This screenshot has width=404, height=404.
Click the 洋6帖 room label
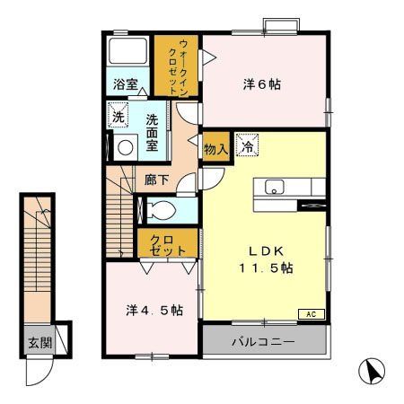pyautogui.click(x=262, y=84)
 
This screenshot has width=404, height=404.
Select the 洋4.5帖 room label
pyautogui.click(x=154, y=311)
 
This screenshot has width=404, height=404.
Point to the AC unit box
pyautogui.click(x=310, y=314)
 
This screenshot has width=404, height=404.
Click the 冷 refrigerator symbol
pyautogui.click(x=246, y=142)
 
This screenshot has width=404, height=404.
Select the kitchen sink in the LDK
pyautogui.click(x=274, y=187)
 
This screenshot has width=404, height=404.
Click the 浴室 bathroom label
pyautogui.click(x=125, y=85)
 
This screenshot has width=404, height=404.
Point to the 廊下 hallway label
pyautogui.click(x=157, y=179)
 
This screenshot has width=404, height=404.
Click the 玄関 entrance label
pyautogui.click(x=39, y=342)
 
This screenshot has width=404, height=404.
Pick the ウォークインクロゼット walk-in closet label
pyautogui.click(x=176, y=63)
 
